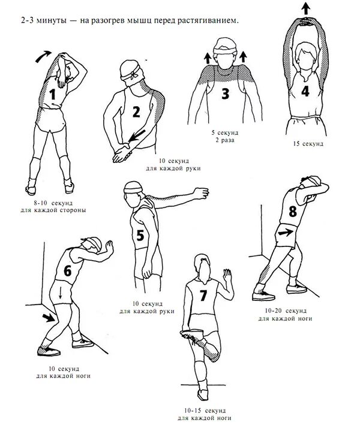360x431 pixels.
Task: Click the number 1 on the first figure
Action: tap(52, 94)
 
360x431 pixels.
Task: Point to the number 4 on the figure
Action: tap(305, 91)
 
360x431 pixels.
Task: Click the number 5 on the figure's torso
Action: tap(140, 235)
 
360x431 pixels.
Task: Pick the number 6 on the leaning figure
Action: tap(67, 270)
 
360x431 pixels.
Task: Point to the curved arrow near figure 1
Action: tap(44, 56)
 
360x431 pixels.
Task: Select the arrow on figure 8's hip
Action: tap(287, 231)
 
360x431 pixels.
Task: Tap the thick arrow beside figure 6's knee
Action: tap(46, 316)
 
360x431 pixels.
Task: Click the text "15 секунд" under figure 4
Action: tap(308, 144)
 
